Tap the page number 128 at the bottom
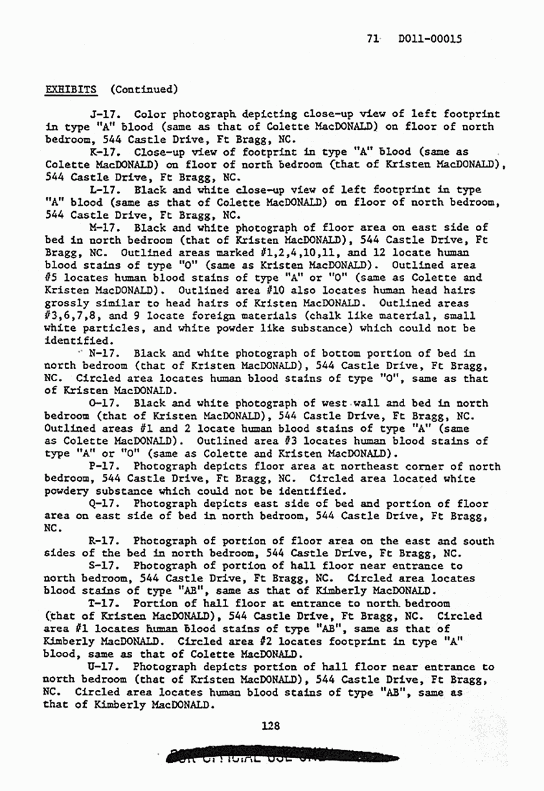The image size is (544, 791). [x=271, y=726]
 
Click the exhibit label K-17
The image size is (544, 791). [x=102, y=153]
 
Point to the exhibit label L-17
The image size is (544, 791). [x=102, y=190]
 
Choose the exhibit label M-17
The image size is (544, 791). [x=103, y=228]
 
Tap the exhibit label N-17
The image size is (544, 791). [x=103, y=353]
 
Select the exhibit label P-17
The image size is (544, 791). [x=103, y=466]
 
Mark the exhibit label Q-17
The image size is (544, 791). [x=103, y=504]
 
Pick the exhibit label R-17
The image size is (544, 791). [x=102, y=541]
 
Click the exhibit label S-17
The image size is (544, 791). [x=102, y=566]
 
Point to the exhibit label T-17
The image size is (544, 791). [x=102, y=603]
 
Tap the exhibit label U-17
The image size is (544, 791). [x=102, y=666]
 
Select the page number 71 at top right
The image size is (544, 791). [x=372, y=39]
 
